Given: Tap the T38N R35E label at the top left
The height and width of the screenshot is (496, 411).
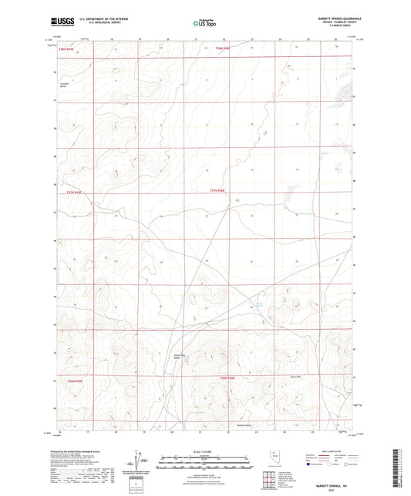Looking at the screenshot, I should (53, 49).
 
